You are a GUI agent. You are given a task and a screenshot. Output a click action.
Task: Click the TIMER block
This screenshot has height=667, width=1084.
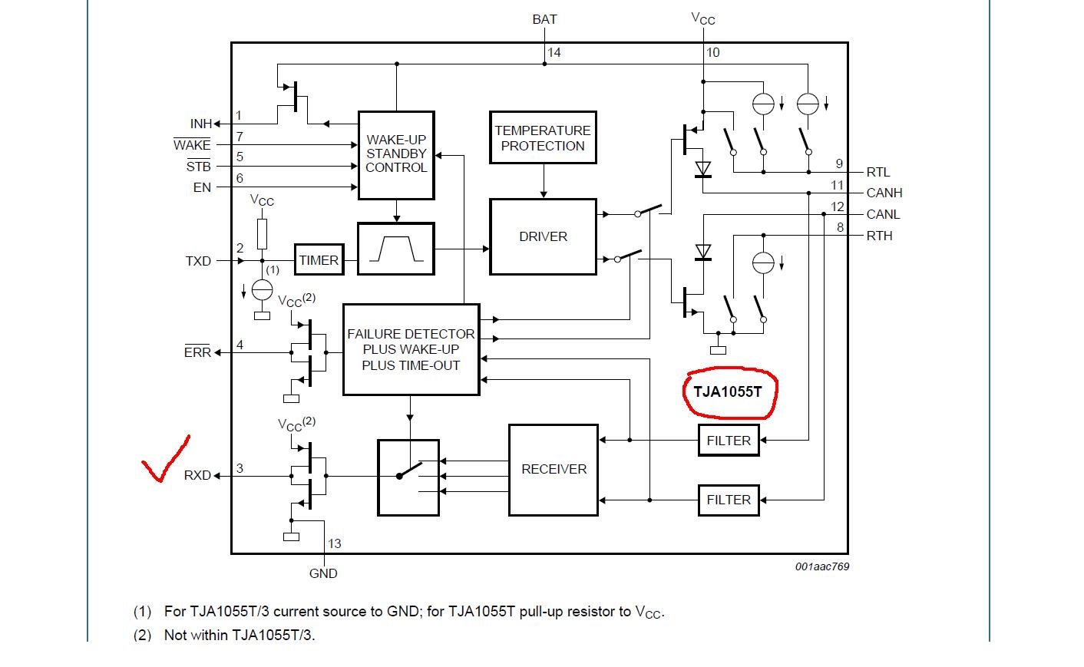(319, 260)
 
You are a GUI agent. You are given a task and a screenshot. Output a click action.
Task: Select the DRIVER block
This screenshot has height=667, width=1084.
(543, 236)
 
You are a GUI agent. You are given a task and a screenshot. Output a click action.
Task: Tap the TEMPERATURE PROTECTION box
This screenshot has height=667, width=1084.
(543, 138)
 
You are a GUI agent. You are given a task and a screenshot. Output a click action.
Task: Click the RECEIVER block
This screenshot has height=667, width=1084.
(554, 469)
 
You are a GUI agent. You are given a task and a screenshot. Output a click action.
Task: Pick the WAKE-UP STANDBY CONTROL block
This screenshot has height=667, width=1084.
(396, 154)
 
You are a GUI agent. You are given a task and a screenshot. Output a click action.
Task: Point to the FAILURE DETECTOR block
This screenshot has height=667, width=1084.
(411, 349)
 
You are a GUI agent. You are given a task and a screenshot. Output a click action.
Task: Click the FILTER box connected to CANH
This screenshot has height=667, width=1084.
(729, 441)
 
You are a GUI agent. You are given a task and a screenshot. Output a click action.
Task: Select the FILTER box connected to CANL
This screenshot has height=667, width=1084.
(729, 500)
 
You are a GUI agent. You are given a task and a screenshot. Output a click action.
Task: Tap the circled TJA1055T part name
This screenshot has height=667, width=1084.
(729, 391)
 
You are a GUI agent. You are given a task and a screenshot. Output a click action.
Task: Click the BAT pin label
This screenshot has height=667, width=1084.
(544, 19)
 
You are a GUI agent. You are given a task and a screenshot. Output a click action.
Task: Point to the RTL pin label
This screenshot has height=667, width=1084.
(878, 172)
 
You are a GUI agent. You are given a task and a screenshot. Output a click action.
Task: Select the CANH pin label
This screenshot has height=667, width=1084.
(884, 193)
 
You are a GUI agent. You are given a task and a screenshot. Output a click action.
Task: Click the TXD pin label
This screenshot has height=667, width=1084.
(198, 261)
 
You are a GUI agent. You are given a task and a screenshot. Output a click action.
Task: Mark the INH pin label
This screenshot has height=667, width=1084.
(201, 124)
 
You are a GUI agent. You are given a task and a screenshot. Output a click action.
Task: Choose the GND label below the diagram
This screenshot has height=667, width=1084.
(323, 573)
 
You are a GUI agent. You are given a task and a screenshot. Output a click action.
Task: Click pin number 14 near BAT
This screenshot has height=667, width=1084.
(554, 52)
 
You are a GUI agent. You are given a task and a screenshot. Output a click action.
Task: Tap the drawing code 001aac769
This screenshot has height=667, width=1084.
(822, 566)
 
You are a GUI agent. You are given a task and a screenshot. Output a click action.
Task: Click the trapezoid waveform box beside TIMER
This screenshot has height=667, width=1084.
(396, 249)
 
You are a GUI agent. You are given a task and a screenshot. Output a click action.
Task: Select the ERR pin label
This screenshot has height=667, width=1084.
(197, 352)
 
